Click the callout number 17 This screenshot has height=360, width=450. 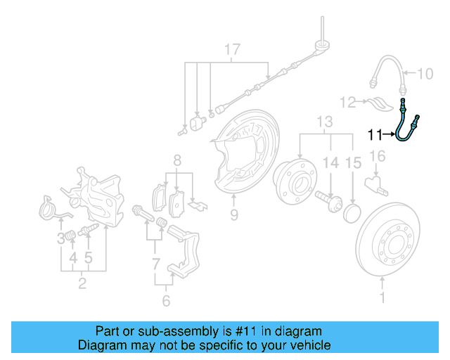(231, 50)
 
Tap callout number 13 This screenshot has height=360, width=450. (324, 122)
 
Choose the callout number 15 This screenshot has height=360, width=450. (354, 162)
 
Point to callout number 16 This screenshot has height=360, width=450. (377, 156)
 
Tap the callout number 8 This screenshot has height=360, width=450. (177, 160)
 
